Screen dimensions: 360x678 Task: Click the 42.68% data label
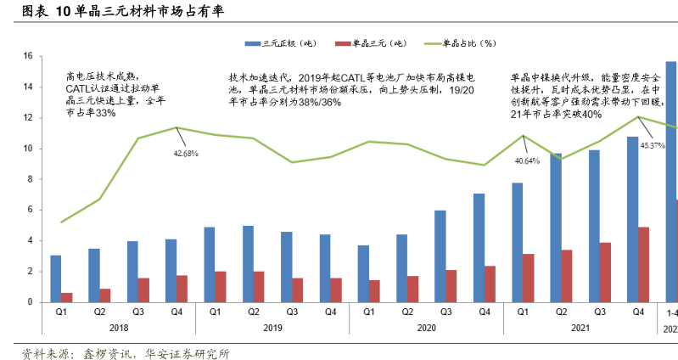coord(185,154)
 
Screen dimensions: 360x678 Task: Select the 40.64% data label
coord(527,160)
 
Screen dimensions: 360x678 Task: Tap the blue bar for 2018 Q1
coord(56,278)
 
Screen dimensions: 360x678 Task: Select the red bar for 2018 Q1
coord(66,297)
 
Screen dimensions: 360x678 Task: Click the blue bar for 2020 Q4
coord(479,248)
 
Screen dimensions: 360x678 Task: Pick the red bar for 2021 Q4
coord(643,264)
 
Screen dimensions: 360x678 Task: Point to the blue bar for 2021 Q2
coord(556,228)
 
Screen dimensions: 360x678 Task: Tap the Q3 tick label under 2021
coord(599,312)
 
